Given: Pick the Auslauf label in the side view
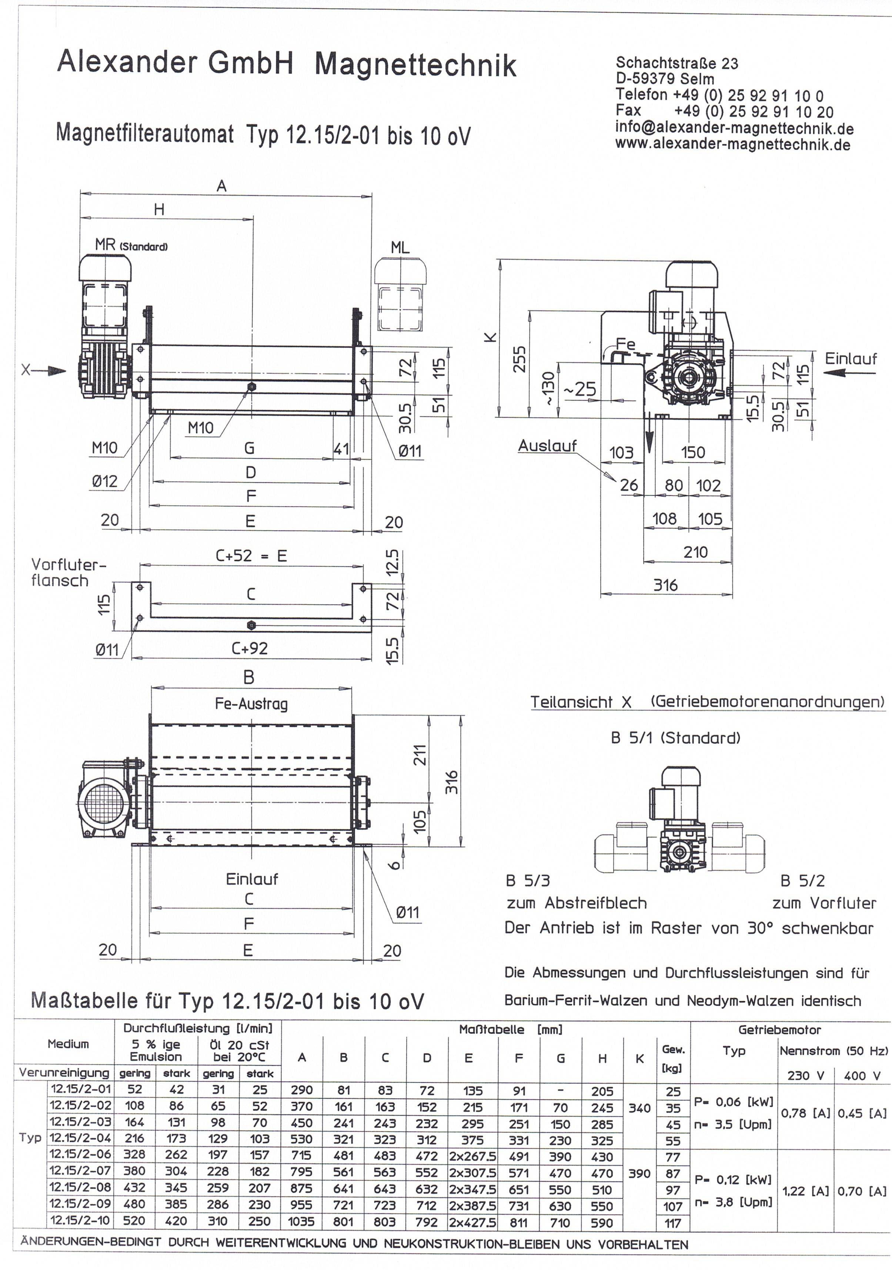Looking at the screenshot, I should [547, 446].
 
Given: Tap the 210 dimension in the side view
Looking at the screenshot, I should [695, 552].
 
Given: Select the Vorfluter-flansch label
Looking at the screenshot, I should [68, 573].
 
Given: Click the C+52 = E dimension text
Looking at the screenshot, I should [251, 556].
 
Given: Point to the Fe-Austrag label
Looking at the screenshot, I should [251, 704].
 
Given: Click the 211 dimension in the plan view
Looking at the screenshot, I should [421, 755].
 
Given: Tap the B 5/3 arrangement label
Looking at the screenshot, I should [528, 880].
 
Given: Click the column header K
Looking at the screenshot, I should [639, 1059].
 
